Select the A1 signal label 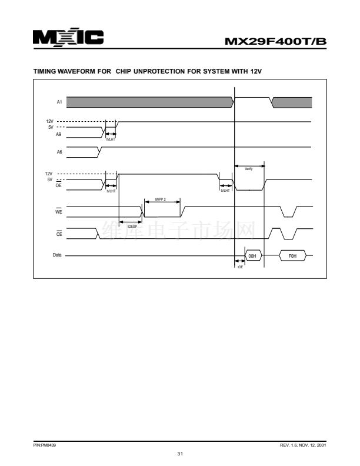click(x=59, y=102)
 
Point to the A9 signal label click(x=59, y=135)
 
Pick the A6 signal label click(x=59, y=152)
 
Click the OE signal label click(x=59, y=185)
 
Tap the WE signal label click(x=59, y=208)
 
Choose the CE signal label click(x=59, y=233)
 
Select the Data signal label click(x=57, y=256)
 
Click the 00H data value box click(x=252, y=257)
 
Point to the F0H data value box click(x=292, y=257)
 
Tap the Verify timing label click(x=249, y=169)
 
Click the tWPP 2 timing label click(x=161, y=199)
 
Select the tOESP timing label click(x=132, y=226)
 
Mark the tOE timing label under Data click(x=240, y=267)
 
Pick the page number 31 click(x=180, y=452)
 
